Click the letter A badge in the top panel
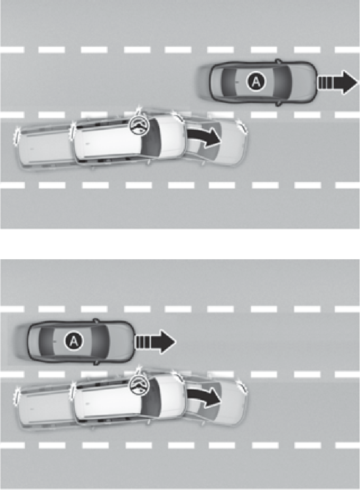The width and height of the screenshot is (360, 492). click(x=256, y=82)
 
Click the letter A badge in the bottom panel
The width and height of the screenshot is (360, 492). click(x=74, y=341)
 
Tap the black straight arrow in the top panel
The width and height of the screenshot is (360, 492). click(x=338, y=82)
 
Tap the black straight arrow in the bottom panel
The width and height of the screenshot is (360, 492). click(x=155, y=342)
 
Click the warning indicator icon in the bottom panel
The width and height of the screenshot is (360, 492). click(x=139, y=386)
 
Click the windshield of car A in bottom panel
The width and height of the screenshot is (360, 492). click(x=101, y=342)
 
